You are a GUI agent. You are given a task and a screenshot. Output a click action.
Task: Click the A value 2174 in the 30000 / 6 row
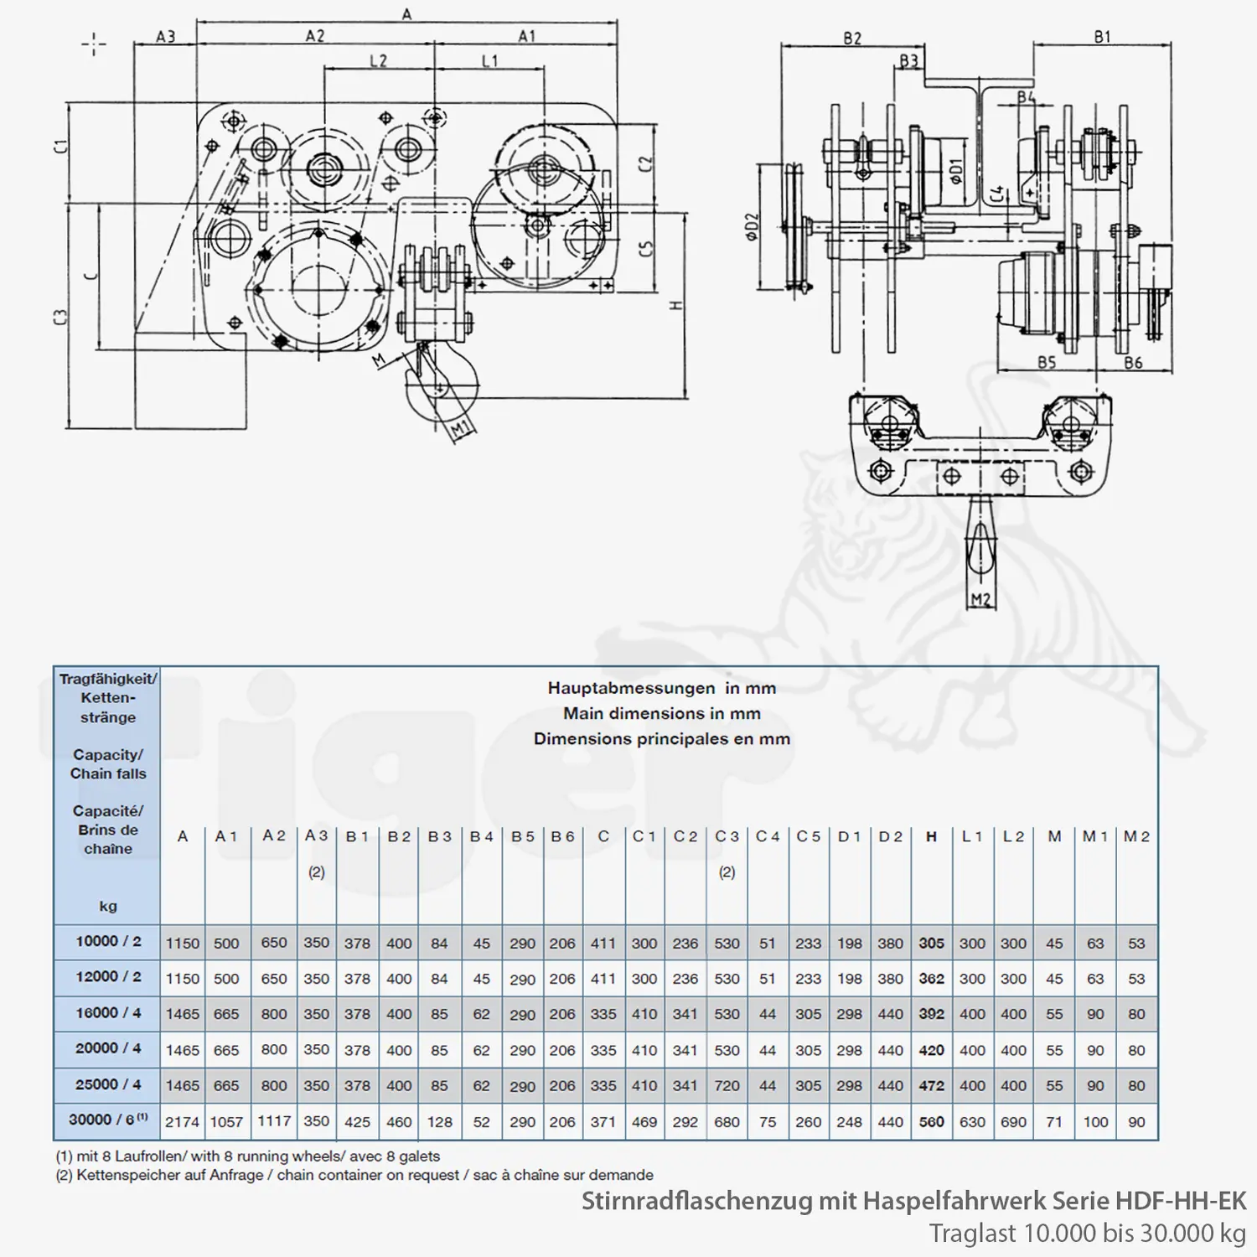pyautogui.click(x=182, y=1121)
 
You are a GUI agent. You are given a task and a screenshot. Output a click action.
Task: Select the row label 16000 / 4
pyautogui.click(x=108, y=1012)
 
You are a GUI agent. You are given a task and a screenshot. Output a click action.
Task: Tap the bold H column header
pyautogui.click(x=931, y=836)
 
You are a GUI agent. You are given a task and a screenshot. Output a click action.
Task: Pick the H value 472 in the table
pyautogui.click(x=931, y=1085)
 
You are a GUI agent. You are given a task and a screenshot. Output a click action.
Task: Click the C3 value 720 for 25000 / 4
pyautogui.click(x=727, y=1085)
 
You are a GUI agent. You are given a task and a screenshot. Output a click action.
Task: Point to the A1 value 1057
pyautogui.click(x=226, y=1121)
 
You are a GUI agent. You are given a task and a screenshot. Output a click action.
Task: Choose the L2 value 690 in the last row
pyautogui.click(x=1013, y=1121)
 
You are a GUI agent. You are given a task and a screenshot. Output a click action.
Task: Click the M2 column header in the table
pyautogui.click(x=1136, y=836)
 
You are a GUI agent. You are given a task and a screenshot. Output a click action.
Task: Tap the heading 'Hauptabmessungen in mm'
pyautogui.click(x=661, y=688)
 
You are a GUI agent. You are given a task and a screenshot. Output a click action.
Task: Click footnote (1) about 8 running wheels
pyautogui.click(x=247, y=1156)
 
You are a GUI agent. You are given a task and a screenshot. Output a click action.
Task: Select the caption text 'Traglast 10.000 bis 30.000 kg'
pyautogui.click(x=1087, y=1233)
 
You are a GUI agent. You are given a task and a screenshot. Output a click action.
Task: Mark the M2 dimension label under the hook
pyautogui.click(x=980, y=599)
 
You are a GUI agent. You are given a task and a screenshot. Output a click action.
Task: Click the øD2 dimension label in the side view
pyautogui.click(x=752, y=226)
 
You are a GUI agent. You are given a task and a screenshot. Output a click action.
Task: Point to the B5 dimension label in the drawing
pyautogui.click(x=1047, y=362)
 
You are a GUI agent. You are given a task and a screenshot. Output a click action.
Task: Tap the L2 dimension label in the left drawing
pyautogui.click(x=378, y=61)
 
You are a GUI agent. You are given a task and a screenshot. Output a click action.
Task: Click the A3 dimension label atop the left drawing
pyautogui.click(x=166, y=37)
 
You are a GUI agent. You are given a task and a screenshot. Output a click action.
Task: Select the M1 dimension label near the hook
pyautogui.click(x=459, y=431)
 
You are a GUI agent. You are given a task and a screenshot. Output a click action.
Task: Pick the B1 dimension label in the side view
pyautogui.click(x=1102, y=37)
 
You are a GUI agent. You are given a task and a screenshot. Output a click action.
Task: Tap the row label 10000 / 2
pyautogui.click(x=108, y=941)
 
